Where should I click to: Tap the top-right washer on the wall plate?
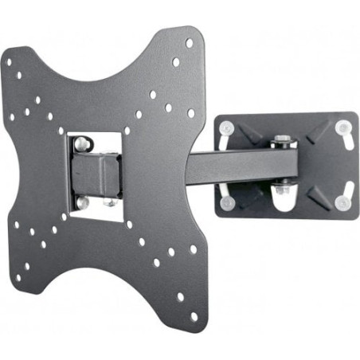(343, 127)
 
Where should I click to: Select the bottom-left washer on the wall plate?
(227, 202)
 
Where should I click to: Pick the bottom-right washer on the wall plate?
(342, 202)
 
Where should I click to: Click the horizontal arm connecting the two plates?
(239, 163)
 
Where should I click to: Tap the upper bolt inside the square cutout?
(81, 144)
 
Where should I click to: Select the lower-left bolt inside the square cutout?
(81, 203)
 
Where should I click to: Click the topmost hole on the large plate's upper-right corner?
(190, 44)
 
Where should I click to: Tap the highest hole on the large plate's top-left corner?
(7, 61)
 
